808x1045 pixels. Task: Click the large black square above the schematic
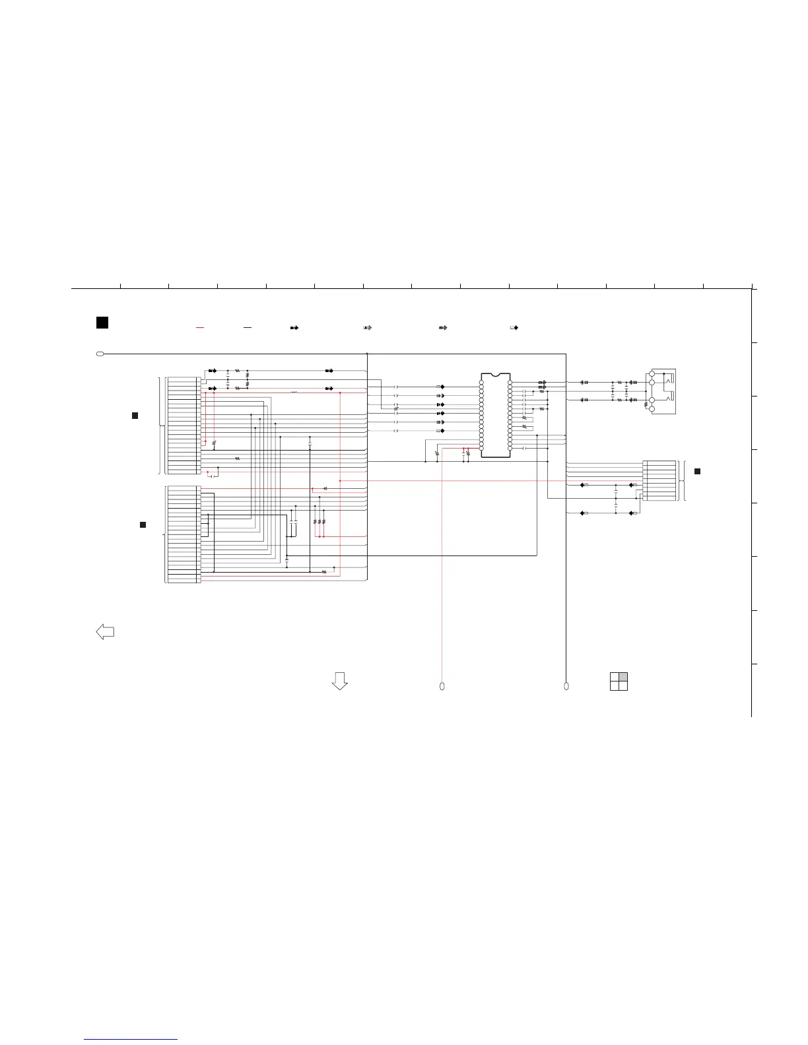(102, 323)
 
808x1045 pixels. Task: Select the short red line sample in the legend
(200, 327)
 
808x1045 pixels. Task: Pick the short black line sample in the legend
(247, 327)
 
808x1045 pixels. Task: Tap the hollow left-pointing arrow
(105, 631)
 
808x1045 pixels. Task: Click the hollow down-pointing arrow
(339, 681)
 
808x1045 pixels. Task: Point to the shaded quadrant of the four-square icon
(623, 677)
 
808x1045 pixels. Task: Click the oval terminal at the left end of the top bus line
(100, 354)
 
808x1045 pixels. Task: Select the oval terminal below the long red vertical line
(442, 687)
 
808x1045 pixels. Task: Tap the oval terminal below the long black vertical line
(566, 687)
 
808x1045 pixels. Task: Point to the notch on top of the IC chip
(495, 375)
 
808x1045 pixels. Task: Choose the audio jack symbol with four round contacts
(662, 392)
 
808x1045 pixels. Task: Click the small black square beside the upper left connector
(135, 415)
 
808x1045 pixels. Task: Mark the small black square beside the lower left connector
(142, 524)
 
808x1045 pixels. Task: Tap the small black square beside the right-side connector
(697, 471)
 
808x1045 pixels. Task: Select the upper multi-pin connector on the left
(184, 426)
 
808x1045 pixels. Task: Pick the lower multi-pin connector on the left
(184, 534)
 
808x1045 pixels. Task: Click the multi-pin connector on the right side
(659, 481)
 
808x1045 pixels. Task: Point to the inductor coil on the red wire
(294, 393)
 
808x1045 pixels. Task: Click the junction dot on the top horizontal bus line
(367, 354)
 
